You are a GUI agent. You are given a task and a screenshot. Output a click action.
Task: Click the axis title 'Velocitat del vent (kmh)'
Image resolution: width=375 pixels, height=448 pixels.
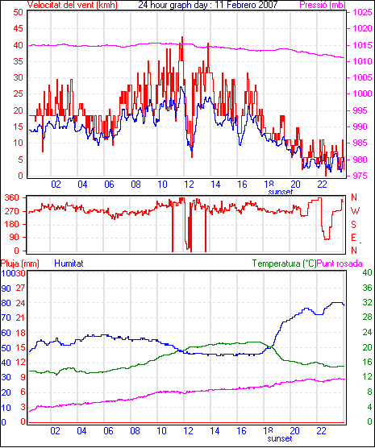tap(73, 5)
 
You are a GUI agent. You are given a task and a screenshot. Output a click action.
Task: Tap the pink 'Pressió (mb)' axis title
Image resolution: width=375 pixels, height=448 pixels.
tap(323, 5)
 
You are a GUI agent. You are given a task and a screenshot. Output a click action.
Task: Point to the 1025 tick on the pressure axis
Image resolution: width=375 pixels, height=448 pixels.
tap(362, 12)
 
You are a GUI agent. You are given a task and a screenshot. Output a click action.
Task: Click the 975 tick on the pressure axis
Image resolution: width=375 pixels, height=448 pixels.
tap(362, 176)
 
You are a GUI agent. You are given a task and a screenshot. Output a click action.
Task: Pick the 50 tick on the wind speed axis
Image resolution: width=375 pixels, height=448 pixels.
tap(18, 12)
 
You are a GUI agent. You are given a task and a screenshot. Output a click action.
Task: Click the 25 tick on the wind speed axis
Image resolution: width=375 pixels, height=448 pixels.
tap(18, 94)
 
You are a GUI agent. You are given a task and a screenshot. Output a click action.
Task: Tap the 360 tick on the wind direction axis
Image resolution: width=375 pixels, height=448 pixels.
tap(12, 197)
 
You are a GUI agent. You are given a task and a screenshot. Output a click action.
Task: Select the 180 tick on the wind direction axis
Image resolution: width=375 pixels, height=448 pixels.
tap(12, 224)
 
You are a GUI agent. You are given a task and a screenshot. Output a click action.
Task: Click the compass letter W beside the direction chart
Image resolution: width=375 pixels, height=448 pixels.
tap(355, 211)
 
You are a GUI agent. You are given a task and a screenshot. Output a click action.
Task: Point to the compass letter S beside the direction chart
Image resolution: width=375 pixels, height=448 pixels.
tap(354, 225)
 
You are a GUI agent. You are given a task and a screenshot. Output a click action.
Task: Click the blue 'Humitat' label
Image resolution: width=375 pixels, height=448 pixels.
tap(69, 263)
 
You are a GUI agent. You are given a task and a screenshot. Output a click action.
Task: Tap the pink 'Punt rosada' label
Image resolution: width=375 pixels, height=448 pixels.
tap(340, 263)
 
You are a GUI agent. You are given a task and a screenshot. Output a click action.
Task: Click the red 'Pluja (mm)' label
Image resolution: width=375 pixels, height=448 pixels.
tap(19, 263)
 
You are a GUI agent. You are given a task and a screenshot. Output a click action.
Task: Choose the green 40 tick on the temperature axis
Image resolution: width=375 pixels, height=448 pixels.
tap(367, 272)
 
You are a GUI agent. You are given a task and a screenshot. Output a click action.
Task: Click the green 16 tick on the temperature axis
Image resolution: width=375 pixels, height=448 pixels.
tap(367, 363)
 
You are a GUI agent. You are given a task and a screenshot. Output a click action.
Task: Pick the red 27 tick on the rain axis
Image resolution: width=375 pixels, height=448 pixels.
tap(21, 288)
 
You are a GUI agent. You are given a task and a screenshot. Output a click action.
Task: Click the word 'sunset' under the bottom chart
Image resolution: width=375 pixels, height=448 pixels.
tap(280, 438)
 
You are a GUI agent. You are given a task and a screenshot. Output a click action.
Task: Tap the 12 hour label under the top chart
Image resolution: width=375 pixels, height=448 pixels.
tap(189, 185)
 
